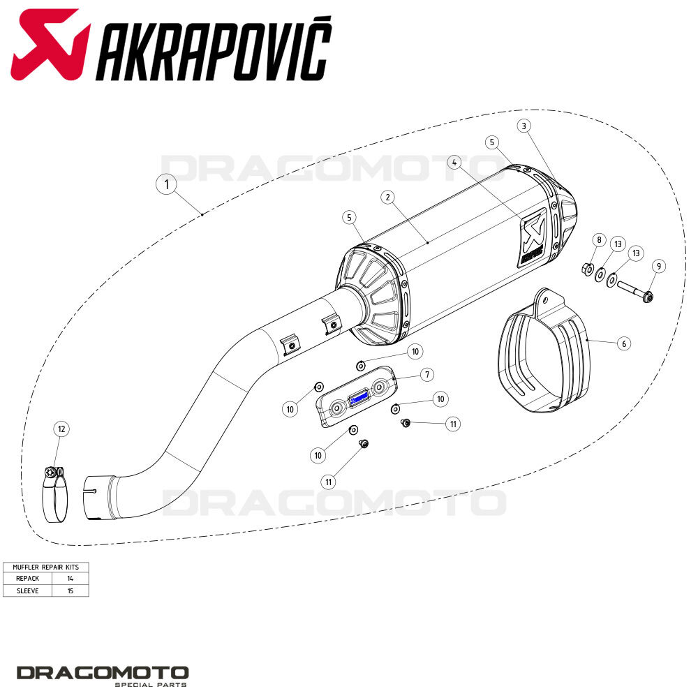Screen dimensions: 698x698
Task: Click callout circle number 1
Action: [x=166, y=185]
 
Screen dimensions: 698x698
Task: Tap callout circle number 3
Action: [x=524, y=126]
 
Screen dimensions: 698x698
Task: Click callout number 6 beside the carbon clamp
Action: [x=624, y=343]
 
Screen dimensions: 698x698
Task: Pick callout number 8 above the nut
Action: [x=598, y=240]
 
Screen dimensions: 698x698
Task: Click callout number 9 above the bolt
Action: [x=658, y=266]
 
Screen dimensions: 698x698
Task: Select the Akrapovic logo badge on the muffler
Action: [x=533, y=237]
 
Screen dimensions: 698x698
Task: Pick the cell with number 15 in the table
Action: [x=70, y=591]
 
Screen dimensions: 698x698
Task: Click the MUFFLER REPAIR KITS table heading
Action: [x=45, y=567]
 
